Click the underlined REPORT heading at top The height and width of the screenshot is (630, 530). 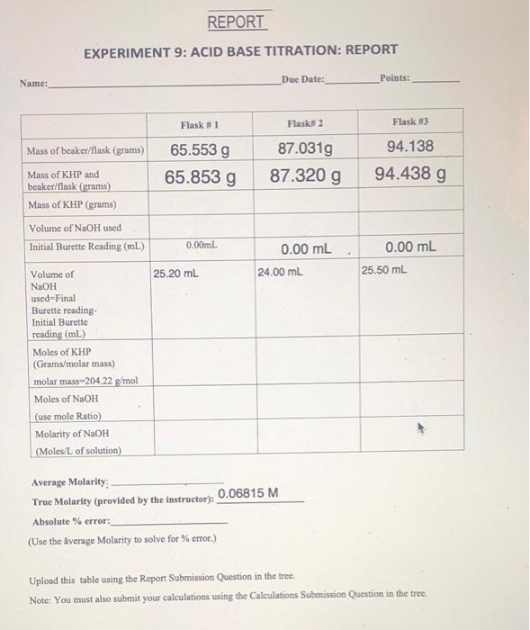236,22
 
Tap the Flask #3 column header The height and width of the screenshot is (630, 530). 409,121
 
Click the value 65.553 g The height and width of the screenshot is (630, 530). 200,150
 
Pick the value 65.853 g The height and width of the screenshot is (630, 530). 201,177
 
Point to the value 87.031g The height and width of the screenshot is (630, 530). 306,148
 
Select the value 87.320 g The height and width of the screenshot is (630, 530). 306,175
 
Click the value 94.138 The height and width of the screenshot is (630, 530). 409,146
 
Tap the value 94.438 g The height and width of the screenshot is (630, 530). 410,173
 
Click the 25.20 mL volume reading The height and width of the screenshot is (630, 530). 176,273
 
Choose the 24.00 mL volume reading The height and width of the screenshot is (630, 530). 280,271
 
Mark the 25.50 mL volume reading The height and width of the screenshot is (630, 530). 384,269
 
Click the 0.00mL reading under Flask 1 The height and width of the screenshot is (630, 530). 201,245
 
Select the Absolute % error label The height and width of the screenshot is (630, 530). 71,521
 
